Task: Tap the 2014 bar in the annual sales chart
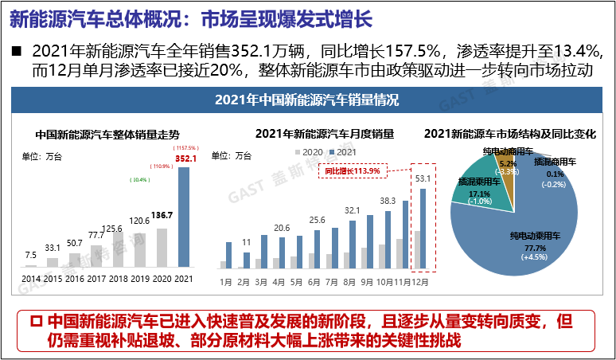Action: point(31,265)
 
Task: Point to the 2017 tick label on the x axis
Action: point(96,277)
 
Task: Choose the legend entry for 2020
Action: point(310,151)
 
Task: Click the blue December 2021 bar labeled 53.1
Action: point(422,228)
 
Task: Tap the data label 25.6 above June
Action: point(318,220)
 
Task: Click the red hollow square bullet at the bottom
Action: point(34,322)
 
